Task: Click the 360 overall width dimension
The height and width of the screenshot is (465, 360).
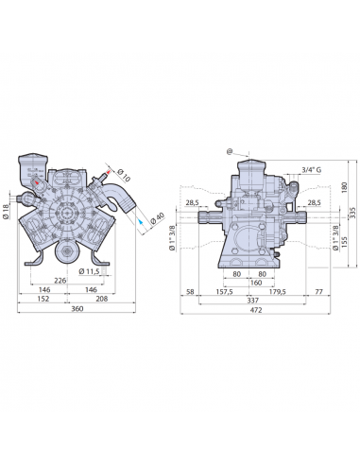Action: point(77,309)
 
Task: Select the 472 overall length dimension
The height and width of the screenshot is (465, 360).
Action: point(256,310)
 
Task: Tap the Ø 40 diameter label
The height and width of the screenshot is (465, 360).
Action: point(158,218)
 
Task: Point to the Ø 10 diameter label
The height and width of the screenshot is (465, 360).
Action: point(124,175)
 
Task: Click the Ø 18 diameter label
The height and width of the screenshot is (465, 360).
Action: point(6,212)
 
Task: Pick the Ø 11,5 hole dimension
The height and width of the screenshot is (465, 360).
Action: point(89,271)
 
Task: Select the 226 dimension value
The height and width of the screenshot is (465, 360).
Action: point(60,280)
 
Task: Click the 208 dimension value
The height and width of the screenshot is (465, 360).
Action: point(102,299)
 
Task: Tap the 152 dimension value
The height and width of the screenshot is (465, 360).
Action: point(43,299)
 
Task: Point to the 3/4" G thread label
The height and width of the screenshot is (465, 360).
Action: point(312,170)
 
